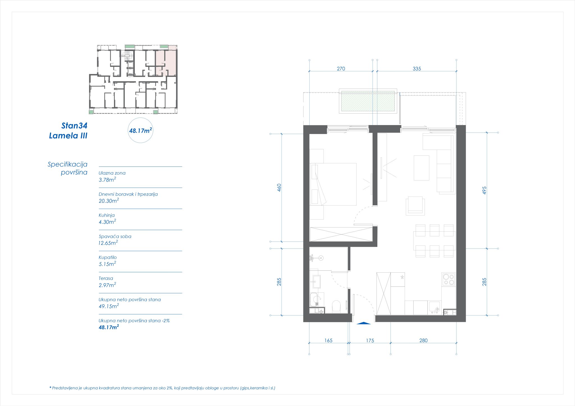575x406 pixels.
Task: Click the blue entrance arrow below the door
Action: tap(364, 323)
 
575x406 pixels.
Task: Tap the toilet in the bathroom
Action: tap(336, 306)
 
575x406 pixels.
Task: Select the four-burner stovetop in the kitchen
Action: tap(448, 279)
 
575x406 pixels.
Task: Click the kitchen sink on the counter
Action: tap(435, 308)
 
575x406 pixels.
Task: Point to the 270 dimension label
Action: tap(341, 69)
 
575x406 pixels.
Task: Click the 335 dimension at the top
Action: tap(417, 69)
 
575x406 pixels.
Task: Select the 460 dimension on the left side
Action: tap(279, 188)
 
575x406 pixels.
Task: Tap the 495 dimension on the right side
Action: tap(484, 190)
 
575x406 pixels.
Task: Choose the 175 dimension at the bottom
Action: tap(370, 341)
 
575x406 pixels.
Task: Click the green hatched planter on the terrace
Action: tap(368, 101)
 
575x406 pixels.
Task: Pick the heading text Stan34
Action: tap(74, 126)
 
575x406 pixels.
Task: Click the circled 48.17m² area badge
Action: tap(140, 131)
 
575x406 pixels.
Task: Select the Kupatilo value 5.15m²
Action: tap(107, 264)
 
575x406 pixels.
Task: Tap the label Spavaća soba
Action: tap(115, 236)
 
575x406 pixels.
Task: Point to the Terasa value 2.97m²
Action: tap(107, 285)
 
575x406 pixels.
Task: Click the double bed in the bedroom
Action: tap(334, 184)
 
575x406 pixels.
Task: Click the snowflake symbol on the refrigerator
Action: tap(402, 277)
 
